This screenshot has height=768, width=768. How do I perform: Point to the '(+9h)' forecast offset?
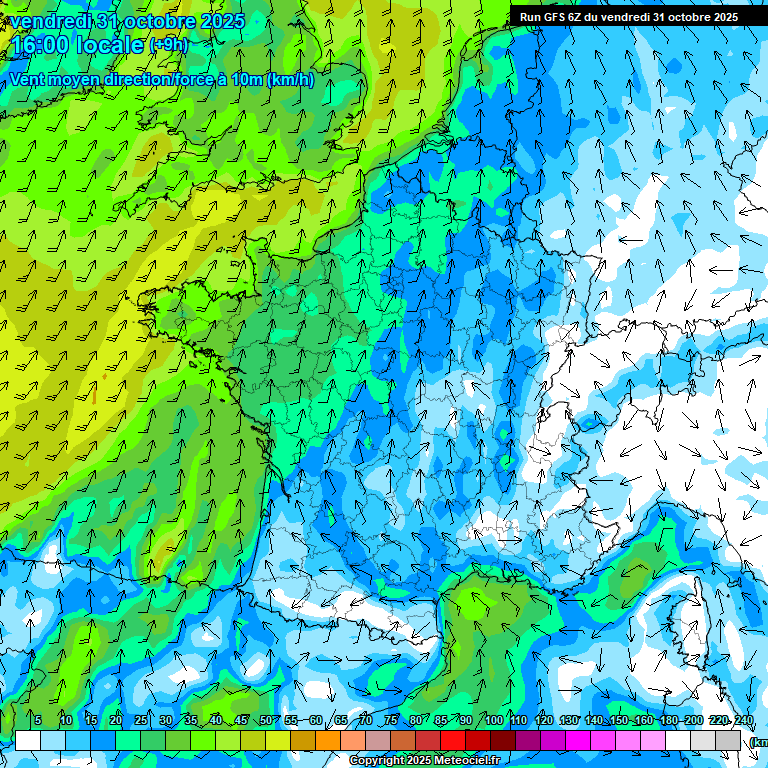pos(167,45)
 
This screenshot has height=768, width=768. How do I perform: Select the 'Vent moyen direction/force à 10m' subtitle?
pos(161,80)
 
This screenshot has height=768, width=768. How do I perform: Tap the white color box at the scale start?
pos(28,741)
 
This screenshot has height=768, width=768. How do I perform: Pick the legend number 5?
pos(38,720)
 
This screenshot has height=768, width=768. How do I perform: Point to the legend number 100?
pos(493,720)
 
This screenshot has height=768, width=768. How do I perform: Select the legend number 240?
pos(743,720)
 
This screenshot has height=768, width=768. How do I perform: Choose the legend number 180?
pos(668,720)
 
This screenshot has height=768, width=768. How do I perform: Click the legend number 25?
pos(141,720)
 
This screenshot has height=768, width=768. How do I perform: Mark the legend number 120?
pos(543,720)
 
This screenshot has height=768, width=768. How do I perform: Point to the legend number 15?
pos(91,720)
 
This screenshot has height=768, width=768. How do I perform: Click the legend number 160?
pos(643,720)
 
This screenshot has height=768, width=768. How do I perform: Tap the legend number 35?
pos(191,720)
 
